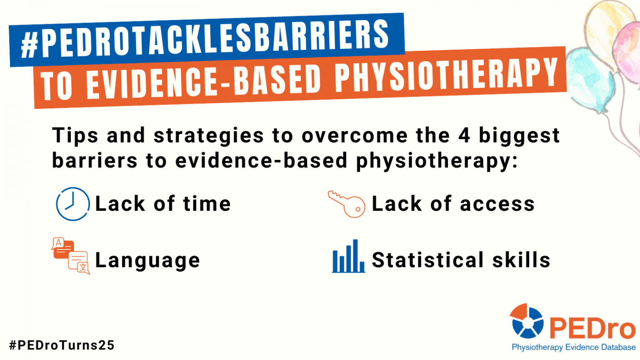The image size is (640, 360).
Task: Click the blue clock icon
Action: pyautogui.click(x=73, y=204)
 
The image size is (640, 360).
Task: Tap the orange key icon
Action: pyautogui.click(x=347, y=204)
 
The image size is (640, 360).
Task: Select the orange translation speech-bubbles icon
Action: pyautogui.click(x=71, y=256)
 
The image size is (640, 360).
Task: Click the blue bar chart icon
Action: pyautogui.click(x=348, y=257)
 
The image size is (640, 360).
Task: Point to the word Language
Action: pyautogui.click(x=147, y=261)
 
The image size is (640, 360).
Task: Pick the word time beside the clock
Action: pyautogui.click(x=207, y=204)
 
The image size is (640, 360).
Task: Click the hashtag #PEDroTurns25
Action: pyautogui.click(x=62, y=345)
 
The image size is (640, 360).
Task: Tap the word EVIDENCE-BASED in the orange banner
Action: pyautogui.click(x=204, y=82)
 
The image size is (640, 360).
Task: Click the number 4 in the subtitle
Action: pyautogui.click(x=464, y=136)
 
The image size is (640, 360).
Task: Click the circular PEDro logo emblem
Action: pyautogui.click(x=527, y=321)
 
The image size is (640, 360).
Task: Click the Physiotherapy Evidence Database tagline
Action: pyautogui.click(x=573, y=347)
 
